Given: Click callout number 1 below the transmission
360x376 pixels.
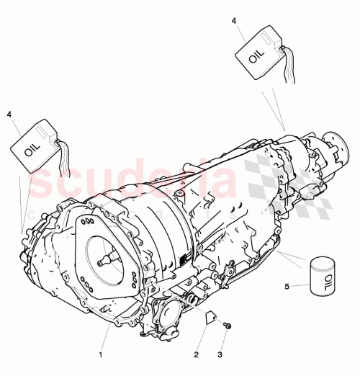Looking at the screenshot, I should pyautogui.click(x=101, y=354).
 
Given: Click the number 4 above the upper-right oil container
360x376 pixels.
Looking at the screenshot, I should pyautogui.click(x=234, y=22).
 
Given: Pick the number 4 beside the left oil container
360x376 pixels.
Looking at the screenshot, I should pyautogui.click(x=9, y=114).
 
